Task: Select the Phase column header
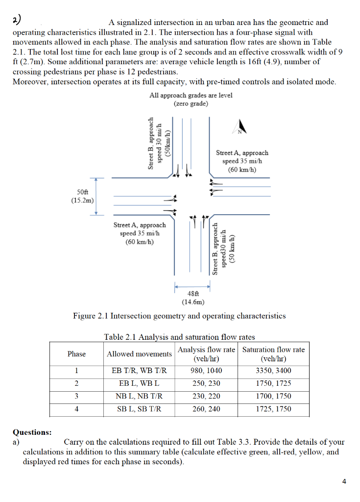point(76,354)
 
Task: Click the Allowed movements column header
point(140,354)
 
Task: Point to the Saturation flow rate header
point(273,354)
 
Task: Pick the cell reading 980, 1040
point(206,371)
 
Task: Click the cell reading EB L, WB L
point(140,383)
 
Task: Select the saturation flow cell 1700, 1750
point(273,396)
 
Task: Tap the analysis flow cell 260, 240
point(206,409)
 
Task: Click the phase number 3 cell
point(76,396)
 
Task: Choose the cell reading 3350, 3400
point(273,371)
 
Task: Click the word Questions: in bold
point(32,432)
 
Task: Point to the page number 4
point(345,481)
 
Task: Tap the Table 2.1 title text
point(179,337)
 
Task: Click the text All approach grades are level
point(191,95)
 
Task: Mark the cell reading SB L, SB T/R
point(140,409)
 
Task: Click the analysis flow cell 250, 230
point(206,383)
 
